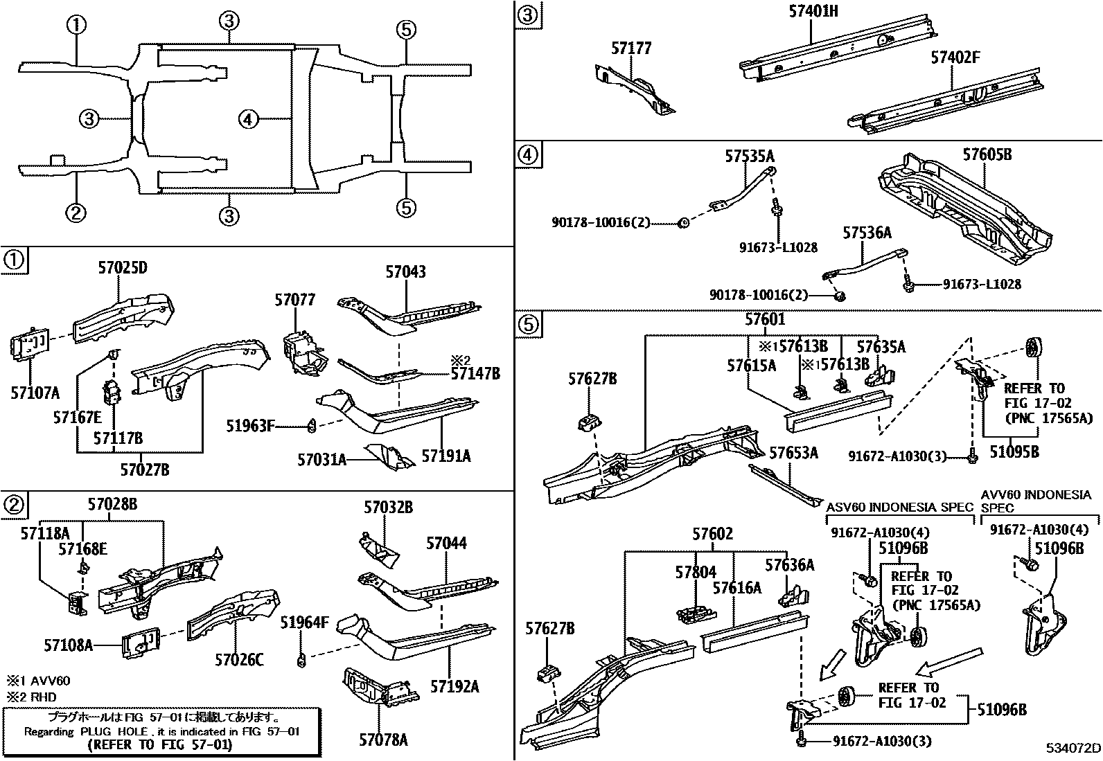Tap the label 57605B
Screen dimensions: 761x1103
coord(987,154)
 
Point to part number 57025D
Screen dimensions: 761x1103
coord(123,268)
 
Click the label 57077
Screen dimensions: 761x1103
coord(294,300)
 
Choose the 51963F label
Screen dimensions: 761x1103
coord(250,426)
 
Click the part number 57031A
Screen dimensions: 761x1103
coord(321,459)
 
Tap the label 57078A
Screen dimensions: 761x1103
coord(383,740)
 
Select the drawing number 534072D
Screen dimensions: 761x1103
coord(1073,748)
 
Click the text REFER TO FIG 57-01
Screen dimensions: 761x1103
coord(160,745)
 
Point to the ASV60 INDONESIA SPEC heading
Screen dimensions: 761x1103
coord(900,507)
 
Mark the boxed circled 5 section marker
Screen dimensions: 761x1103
coord(528,324)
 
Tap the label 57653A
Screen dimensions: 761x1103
coord(794,452)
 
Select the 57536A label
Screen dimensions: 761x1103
coord(867,233)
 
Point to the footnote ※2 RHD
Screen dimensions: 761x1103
coord(32,697)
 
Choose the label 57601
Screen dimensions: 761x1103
coord(765,319)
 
